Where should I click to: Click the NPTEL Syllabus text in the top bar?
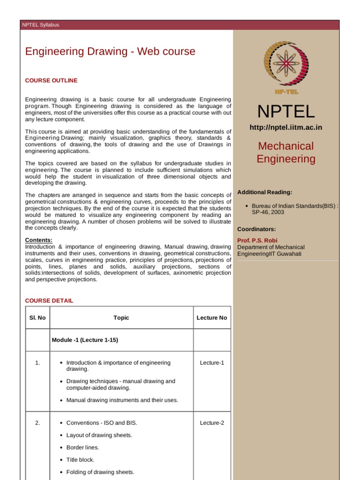click(x=41, y=25)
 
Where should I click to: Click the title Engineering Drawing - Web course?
click(x=110, y=52)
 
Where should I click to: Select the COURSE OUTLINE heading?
click(x=51, y=81)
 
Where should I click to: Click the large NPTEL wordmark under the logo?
click(x=286, y=112)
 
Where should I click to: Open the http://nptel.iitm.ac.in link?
click(x=286, y=127)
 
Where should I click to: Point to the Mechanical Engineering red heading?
click(x=286, y=152)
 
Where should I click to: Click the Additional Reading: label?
click(x=265, y=192)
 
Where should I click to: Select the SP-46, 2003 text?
click(x=268, y=212)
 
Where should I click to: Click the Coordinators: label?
click(x=256, y=229)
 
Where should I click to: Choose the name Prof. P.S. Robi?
click(x=257, y=240)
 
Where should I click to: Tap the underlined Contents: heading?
click(x=38, y=240)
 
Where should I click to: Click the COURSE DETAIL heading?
click(x=49, y=300)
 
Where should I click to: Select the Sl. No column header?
click(x=37, y=318)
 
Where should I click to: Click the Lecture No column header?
click(x=212, y=318)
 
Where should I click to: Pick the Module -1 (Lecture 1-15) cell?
click(x=85, y=340)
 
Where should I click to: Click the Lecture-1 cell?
click(x=212, y=363)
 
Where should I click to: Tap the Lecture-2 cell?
click(x=212, y=423)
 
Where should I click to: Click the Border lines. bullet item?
click(x=83, y=448)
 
